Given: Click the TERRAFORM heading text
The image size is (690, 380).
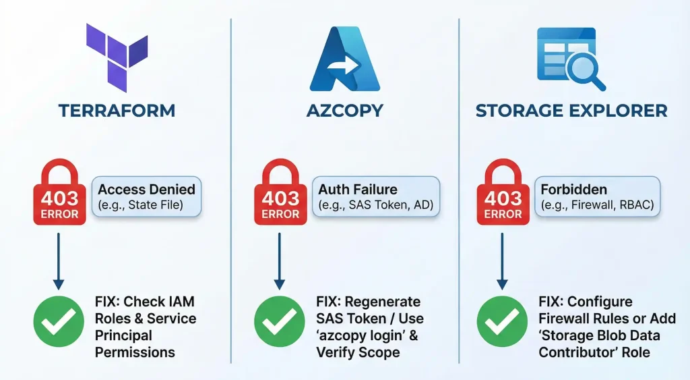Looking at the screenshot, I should pos(117,111).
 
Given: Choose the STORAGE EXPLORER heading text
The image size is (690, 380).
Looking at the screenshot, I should pos(571,111).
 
